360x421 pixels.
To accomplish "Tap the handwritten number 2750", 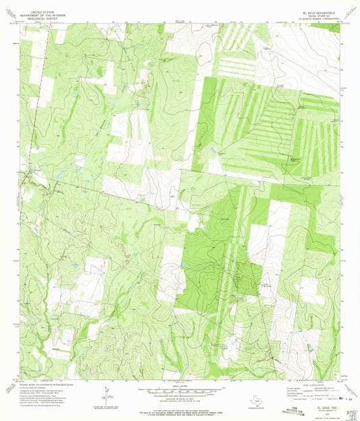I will pyautogui.click(x=351, y=411).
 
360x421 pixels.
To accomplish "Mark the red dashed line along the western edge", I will pyautogui.click(x=34, y=101).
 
